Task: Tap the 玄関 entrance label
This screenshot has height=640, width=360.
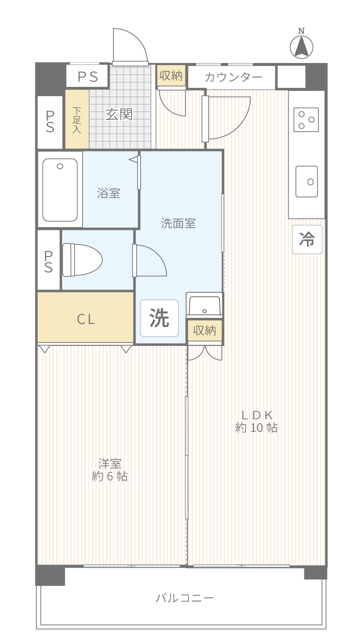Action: (x=119, y=114)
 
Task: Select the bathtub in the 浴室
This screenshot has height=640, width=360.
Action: (x=60, y=190)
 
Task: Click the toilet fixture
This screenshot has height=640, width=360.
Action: (x=82, y=260)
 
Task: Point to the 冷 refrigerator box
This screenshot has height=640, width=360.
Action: (x=307, y=239)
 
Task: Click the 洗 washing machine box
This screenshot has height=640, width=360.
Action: (x=159, y=318)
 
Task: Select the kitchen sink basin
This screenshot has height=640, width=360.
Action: (x=306, y=181)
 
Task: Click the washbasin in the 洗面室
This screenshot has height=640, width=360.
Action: (x=204, y=305)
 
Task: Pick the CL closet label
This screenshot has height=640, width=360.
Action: (x=85, y=319)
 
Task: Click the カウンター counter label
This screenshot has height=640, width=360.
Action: (x=233, y=77)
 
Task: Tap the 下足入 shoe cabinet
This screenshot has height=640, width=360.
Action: (x=77, y=119)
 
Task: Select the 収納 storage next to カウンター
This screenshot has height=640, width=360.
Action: (x=171, y=75)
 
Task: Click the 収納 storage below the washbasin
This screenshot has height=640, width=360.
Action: (x=204, y=330)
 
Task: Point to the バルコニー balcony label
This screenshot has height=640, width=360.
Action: (x=184, y=598)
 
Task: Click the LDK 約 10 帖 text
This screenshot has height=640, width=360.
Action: (x=256, y=421)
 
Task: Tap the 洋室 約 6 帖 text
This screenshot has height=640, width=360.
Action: (x=109, y=469)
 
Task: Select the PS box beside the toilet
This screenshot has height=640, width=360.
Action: (x=49, y=260)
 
